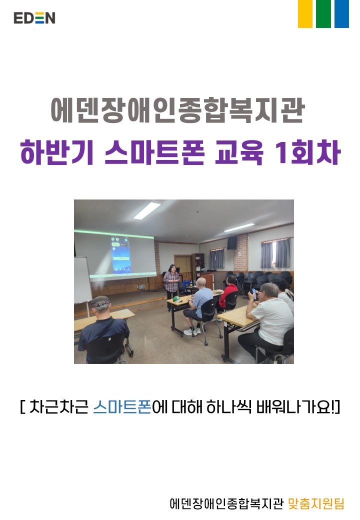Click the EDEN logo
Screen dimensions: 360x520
(x=34, y=18)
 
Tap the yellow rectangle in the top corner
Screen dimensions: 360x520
(x=305, y=14)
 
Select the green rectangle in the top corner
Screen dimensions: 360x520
(x=323, y=14)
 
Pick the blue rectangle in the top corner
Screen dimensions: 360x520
(x=341, y=14)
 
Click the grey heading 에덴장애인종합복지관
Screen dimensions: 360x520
(x=178, y=110)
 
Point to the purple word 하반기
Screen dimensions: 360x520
(x=56, y=152)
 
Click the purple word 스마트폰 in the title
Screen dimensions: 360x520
(x=154, y=152)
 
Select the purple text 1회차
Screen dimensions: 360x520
(x=307, y=152)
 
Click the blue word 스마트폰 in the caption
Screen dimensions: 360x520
(x=122, y=407)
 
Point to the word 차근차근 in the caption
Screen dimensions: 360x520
(x=58, y=407)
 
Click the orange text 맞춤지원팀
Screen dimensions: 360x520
(x=316, y=503)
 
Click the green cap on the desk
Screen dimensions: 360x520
(x=176, y=298)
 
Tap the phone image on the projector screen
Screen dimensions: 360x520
(x=120, y=254)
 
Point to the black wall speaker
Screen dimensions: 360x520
(x=232, y=242)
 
